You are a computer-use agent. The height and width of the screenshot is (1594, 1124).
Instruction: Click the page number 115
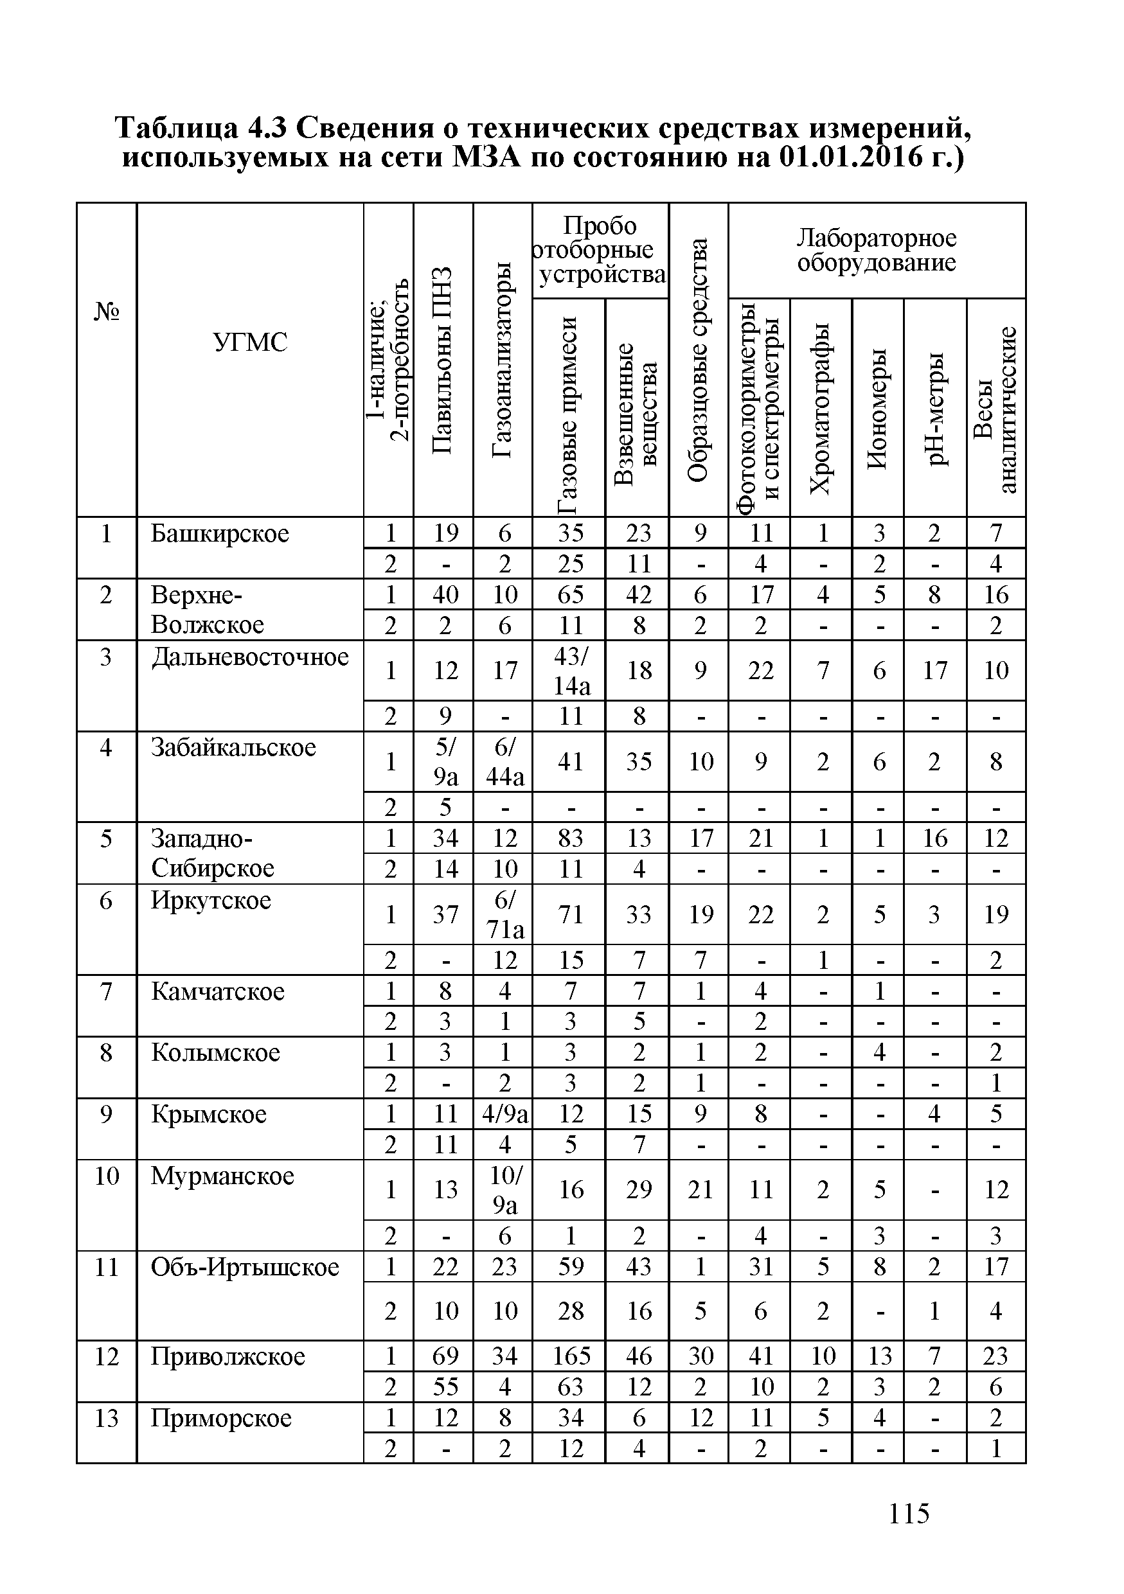click(908, 1514)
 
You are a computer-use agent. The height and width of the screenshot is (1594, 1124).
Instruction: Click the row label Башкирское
click(219, 534)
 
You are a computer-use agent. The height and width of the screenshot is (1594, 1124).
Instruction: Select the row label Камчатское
click(218, 991)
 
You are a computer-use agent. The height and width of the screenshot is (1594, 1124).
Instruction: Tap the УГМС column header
click(250, 342)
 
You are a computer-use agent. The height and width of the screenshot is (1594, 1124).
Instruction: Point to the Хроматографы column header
click(821, 408)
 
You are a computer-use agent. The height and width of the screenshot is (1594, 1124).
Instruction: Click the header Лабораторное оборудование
click(876, 251)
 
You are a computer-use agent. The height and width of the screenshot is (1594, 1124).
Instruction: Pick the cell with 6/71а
click(504, 914)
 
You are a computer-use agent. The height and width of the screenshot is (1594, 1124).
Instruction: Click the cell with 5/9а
click(444, 761)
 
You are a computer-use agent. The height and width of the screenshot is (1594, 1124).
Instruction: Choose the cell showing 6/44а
click(504, 761)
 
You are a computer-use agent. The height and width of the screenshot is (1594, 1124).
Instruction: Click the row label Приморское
click(221, 1418)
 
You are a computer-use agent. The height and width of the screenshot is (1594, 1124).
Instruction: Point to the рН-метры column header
click(935, 408)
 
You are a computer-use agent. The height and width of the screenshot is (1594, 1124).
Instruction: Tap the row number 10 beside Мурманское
click(106, 1176)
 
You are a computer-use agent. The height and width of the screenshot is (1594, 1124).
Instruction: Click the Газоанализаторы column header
click(503, 360)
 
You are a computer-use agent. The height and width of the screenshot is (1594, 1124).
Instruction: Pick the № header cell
click(106, 312)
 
